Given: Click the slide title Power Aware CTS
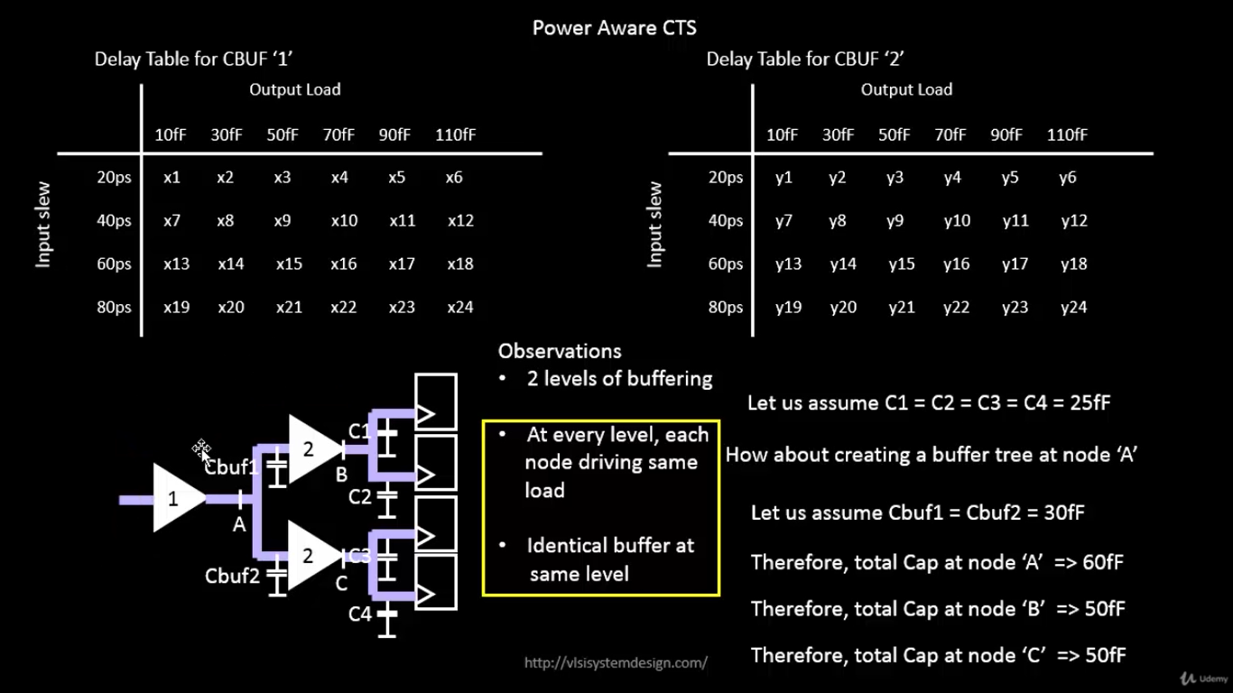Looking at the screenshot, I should (x=614, y=27).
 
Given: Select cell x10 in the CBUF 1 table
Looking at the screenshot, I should (x=343, y=221).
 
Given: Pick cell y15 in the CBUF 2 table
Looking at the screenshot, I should (x=901, y=264).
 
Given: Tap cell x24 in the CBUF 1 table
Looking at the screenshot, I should (x=459, y=308).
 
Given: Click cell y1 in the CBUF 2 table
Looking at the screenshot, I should (x=783, y=178).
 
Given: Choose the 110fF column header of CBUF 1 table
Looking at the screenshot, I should (x=455, y=135).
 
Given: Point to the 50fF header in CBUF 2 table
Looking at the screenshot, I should (x=894, y=135).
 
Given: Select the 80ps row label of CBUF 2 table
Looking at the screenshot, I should (x=725, y=308).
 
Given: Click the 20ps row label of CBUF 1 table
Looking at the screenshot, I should (x=114, y=178).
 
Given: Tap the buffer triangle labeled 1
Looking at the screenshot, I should (x=176, y=498).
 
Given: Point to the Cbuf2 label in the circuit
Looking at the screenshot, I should (x=232, y=576).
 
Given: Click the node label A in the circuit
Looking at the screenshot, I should (x=239, y=524).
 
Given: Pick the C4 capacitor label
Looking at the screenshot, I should (x=360, y=614).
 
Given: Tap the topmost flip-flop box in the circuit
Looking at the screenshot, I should (x=435, y=402).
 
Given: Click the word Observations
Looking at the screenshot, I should (x=560, y=351).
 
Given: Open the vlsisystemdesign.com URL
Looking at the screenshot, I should (x=616, y=663).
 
